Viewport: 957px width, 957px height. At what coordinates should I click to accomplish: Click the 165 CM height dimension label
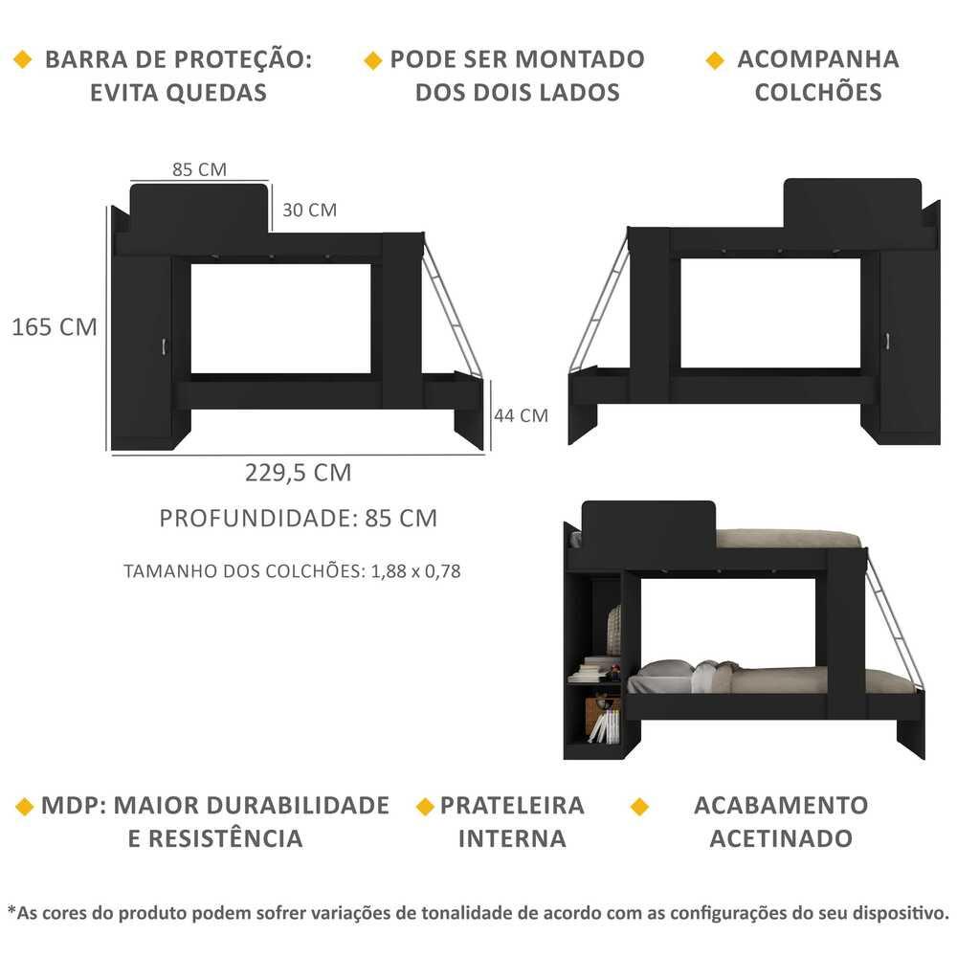click(55, 327)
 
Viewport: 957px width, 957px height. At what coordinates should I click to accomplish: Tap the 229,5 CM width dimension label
click(299, 473)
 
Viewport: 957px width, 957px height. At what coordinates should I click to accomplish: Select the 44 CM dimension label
click(522, 415)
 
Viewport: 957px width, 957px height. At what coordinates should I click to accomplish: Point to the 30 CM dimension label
click(309, 210)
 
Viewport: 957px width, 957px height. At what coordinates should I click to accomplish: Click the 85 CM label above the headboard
click(200, 169)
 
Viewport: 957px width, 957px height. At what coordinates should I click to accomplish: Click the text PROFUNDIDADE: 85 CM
click(299, 518)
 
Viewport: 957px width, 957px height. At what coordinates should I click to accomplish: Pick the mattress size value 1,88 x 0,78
click(415, 571)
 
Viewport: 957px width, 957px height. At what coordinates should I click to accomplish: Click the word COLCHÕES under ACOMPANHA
click(818, 92)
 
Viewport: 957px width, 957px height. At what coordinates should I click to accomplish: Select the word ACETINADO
click(781, 838)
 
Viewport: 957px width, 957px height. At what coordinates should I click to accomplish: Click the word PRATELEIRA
click(512, 806)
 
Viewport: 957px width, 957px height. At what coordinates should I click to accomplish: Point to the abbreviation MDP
click(68, 806)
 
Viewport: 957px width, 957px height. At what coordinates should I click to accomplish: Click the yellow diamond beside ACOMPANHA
click(715, 60)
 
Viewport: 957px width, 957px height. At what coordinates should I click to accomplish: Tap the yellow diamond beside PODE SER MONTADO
click(372, 60)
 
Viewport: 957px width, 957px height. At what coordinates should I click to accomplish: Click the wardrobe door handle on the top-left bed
click(164, 347)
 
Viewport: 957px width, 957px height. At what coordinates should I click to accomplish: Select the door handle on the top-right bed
click(887, 342)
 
